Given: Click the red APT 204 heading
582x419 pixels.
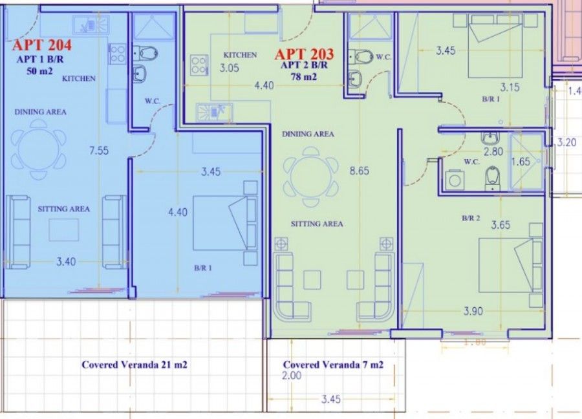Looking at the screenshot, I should (41, 45).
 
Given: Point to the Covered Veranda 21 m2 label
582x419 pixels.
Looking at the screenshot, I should (135, 365).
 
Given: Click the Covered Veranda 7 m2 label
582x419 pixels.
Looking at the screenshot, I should (333, 365).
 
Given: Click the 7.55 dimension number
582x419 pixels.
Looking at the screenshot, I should (98, 151).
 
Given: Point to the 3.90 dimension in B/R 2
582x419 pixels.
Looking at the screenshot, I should (473, 311).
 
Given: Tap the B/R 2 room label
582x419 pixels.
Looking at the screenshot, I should (471, 219).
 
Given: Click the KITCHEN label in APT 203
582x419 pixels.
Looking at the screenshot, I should (240, 55).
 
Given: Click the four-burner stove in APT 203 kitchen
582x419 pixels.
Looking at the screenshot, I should (199, 65).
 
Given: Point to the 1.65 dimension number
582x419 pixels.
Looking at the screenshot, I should (521, 162).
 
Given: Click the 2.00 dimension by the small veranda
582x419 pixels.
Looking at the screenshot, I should (292, 376).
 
